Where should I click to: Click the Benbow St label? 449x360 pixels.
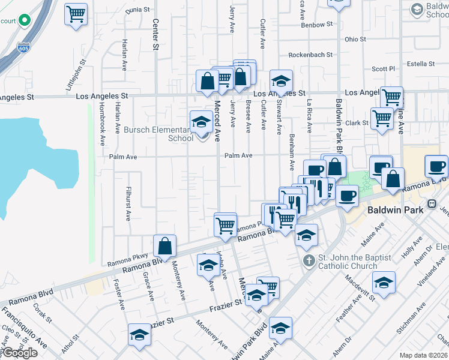tap(316, 25)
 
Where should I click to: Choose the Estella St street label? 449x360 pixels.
tap(420, 64)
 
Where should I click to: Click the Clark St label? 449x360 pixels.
tap(357, 123)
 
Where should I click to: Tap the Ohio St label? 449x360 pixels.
tap(355, 39)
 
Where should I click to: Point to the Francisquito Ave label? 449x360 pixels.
tap(24, 326)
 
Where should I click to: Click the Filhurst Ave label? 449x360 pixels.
tap(127, 204)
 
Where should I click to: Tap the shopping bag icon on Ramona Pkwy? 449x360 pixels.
tap(164, 245)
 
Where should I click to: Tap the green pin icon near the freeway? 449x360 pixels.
tap(24, 20)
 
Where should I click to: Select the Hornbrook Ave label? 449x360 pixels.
tap(103, 131)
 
